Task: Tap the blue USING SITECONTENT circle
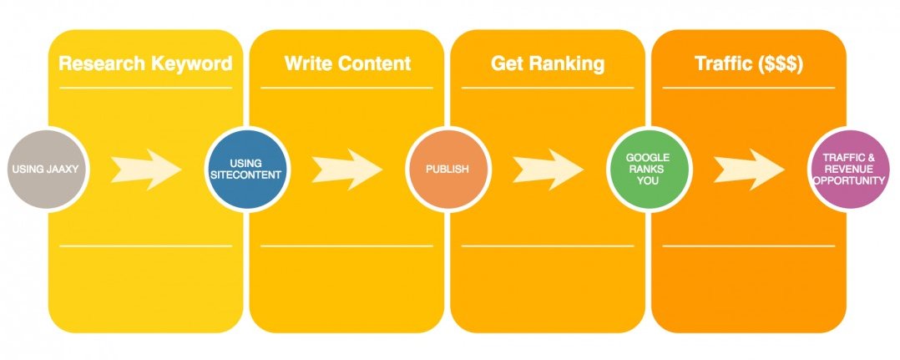point(246,170)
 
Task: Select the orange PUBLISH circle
point(447,170)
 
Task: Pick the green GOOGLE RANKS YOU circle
point(647,170)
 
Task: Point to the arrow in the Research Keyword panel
point(146,170)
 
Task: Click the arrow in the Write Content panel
point(346,170)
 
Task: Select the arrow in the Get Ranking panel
point(547,170)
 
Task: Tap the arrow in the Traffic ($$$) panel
point(748,170)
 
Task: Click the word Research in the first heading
point(99,64)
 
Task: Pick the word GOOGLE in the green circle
point(648,157)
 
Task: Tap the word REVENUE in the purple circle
point(847,169)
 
